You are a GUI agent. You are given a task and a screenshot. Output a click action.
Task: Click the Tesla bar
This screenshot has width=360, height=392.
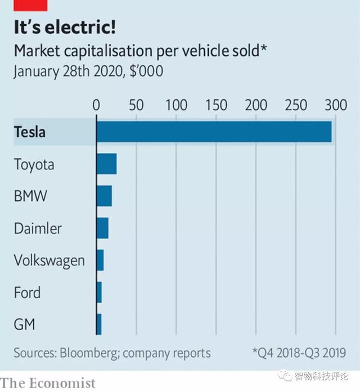click(214, 132)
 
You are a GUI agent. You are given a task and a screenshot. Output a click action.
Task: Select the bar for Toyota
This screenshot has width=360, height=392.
click(106, 164)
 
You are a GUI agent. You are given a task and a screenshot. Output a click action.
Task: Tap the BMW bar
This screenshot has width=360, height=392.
click(104, 196)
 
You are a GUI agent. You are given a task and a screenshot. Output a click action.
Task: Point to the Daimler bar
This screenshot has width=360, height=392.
click(102, 228)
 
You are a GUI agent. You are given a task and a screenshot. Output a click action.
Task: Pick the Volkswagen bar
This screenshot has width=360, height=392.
click(100, 260)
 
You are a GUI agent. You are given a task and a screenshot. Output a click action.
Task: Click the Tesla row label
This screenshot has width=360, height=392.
click(29, 133)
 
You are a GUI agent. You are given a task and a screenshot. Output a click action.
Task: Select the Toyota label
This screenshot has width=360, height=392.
click(34, 165)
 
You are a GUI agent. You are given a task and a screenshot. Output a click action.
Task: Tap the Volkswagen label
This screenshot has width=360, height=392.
click(49, 261)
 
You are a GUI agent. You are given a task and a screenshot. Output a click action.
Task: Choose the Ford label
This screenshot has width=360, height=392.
click(27, 293)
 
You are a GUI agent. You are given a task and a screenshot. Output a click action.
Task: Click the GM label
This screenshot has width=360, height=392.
click(24, 325)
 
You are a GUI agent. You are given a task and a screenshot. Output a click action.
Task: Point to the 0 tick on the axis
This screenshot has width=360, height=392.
click(96, 105)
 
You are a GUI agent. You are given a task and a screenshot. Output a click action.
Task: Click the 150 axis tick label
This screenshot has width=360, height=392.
click(216, 105)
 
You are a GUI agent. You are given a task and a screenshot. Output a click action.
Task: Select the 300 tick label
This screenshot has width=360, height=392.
click(336, 105)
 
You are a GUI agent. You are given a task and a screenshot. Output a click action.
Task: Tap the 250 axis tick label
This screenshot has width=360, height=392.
click(296, 105)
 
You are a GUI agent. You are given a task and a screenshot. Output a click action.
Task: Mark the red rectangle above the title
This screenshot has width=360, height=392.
click(30, 5)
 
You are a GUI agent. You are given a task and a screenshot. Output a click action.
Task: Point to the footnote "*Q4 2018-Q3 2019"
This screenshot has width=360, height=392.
click(299, 353)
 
